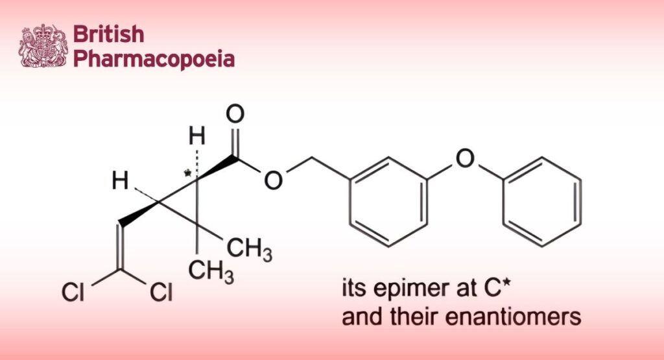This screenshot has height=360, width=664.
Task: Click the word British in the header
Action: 108,34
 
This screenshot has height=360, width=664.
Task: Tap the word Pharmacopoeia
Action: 154,59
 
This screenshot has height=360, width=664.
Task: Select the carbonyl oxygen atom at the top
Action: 235,115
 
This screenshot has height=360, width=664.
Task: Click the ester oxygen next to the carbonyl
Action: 274,180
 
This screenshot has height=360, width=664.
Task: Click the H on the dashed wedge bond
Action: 196,137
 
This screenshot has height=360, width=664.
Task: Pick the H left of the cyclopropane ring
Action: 119,181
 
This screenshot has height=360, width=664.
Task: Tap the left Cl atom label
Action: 73,293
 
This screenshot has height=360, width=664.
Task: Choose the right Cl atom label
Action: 161,293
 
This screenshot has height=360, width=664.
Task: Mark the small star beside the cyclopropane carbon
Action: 188,173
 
